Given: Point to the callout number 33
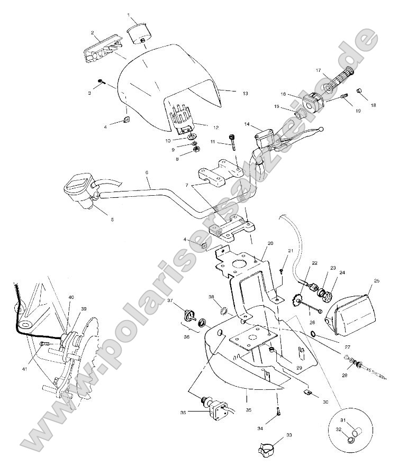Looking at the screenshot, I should click(x=289, y=435).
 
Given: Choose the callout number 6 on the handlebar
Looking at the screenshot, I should click(x=147, y=173).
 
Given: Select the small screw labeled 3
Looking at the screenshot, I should click(x=101, y=81).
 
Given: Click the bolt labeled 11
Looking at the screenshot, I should click(x=232, y=140).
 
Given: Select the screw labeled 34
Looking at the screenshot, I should click(x=276, y=408).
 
